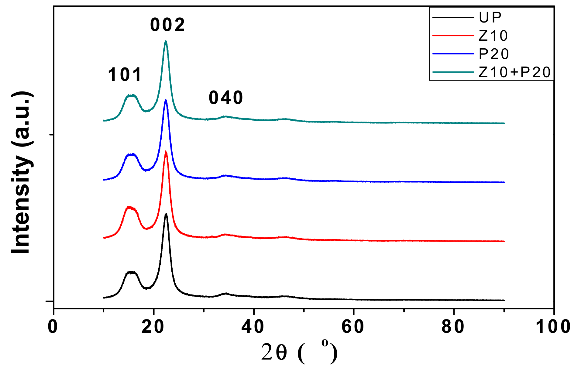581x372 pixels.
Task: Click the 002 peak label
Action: (x=167, y=25)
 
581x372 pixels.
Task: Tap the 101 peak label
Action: (x=125, y=75)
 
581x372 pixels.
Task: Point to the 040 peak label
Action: (x=226, y=98)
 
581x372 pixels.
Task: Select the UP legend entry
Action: (x=490, y=17)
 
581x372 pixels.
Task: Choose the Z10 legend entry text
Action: (x=493, y=36)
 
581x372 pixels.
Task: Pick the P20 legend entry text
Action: (x=494, y=54)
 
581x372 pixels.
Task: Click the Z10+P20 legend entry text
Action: (x=514, y=72)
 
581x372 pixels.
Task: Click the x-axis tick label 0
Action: (x=53, y=327)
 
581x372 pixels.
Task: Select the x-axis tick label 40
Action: (x=253, y=327)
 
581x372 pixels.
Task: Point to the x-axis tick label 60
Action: (x=353, y=327)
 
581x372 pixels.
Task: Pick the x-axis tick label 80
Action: (x=453, y=327)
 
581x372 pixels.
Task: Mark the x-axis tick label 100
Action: (x=553, y=327)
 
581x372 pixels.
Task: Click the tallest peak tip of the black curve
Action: (x=166, y=214)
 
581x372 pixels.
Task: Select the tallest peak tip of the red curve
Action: (x=166, y=151)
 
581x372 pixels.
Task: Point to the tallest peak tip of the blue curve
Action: (x=166, y=100)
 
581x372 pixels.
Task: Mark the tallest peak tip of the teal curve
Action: (x=166, y=41)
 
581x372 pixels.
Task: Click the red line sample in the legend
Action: (x=453, y=36)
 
